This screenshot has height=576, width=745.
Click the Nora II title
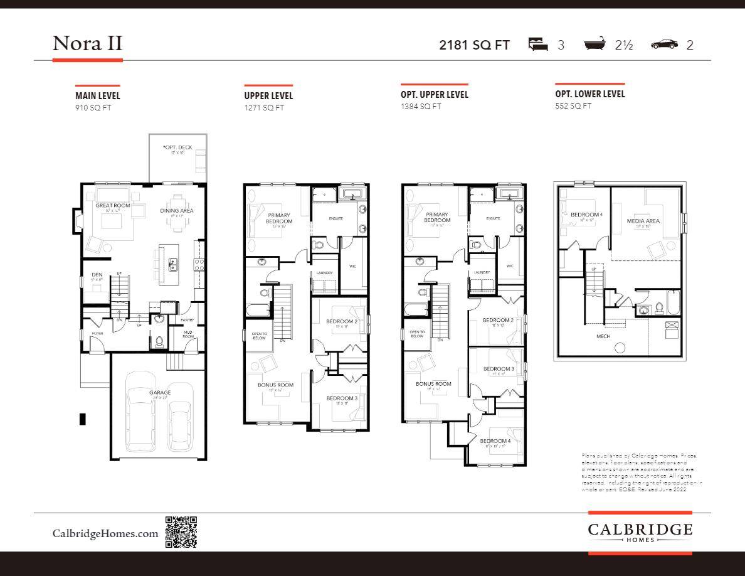point(87,44)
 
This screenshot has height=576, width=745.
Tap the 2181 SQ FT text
point(474,45)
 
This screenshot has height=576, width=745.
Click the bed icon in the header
point(537,45)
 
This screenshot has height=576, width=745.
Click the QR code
point(181,533)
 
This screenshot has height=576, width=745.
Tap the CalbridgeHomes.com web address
point(105,533)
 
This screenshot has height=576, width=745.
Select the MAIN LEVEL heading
point(98,96)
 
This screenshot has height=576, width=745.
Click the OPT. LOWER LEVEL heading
point(590,94)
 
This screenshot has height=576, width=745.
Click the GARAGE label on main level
point(159,393)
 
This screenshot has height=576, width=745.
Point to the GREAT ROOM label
point(112,206)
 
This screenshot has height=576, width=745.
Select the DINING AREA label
point(177,211)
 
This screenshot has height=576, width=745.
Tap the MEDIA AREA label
point(643,221)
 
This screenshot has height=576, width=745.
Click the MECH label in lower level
point(603,336)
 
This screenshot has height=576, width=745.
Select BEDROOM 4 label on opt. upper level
point(495,441)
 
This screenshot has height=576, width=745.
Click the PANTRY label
point(187,320)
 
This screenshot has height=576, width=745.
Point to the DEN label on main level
point(97,275)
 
